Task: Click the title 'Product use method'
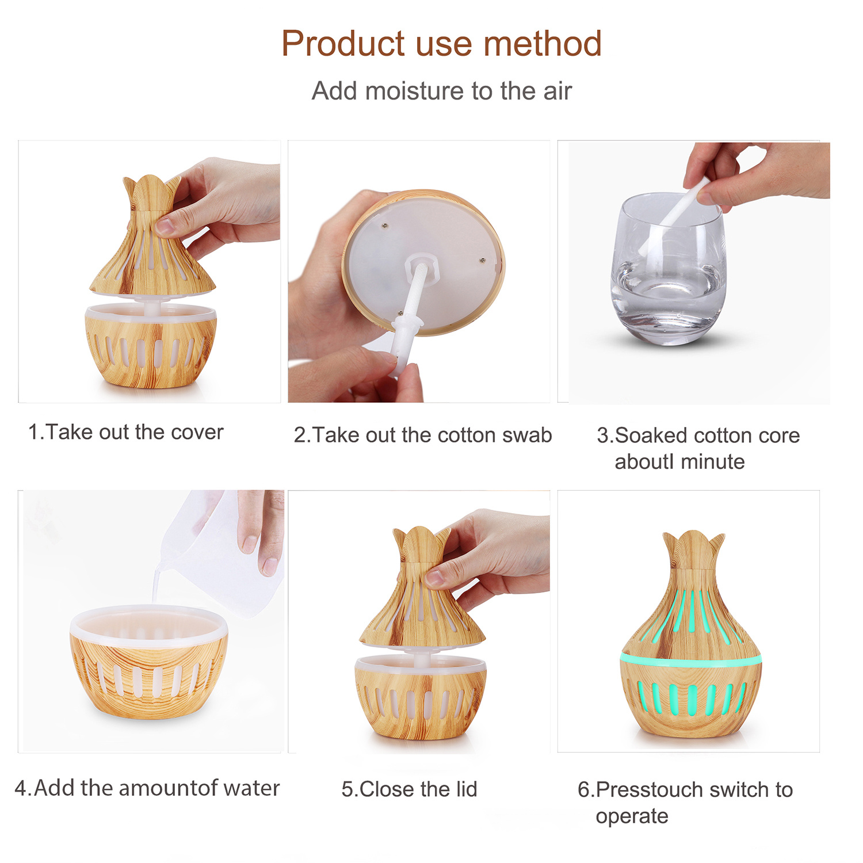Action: tap(441, 44)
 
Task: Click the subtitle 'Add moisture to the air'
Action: tap(441, 91)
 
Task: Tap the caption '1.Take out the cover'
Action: tap(126, 432)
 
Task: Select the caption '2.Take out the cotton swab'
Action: tap(423, 435)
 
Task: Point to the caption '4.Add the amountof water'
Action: tap(147, 788)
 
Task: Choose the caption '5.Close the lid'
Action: tap(409, 789)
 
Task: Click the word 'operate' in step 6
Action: tap(632, 817)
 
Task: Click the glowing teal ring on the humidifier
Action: tap(690, 659)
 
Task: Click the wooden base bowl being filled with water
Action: tap(149, 662)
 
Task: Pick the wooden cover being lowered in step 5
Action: tap(422, 587)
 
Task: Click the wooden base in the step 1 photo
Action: tap(151, 345)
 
